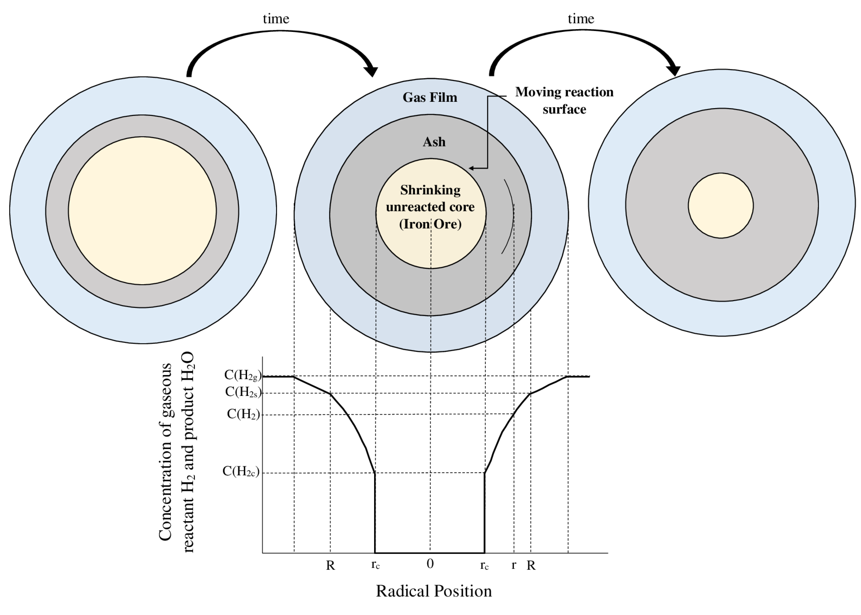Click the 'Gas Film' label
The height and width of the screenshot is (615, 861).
pyautogui.click(x=430, y=97)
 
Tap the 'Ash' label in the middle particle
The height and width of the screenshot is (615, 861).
pyautogui.click(x=434, y=142)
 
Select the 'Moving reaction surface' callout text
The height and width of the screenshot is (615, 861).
pyautogui.click(x=564, y=100)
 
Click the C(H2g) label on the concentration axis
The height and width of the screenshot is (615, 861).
pyautogui.click(x=243, y=375)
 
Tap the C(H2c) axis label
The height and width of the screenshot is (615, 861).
pyautogui.click(x=241, y=471)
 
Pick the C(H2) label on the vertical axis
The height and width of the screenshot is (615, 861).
pyautogui.click(x=243, y=414)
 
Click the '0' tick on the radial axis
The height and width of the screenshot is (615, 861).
pyautogui.click(x=430, y=564)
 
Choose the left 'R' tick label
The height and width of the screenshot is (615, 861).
pyautogui.click(x=330, y=565)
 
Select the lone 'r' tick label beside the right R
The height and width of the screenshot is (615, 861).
pyautogui.click(x=514, y=565)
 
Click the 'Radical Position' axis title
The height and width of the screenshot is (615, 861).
pyautogui.click(x=434, y=591)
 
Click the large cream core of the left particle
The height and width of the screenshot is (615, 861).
pyautogui.click(x=142, y=211)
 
